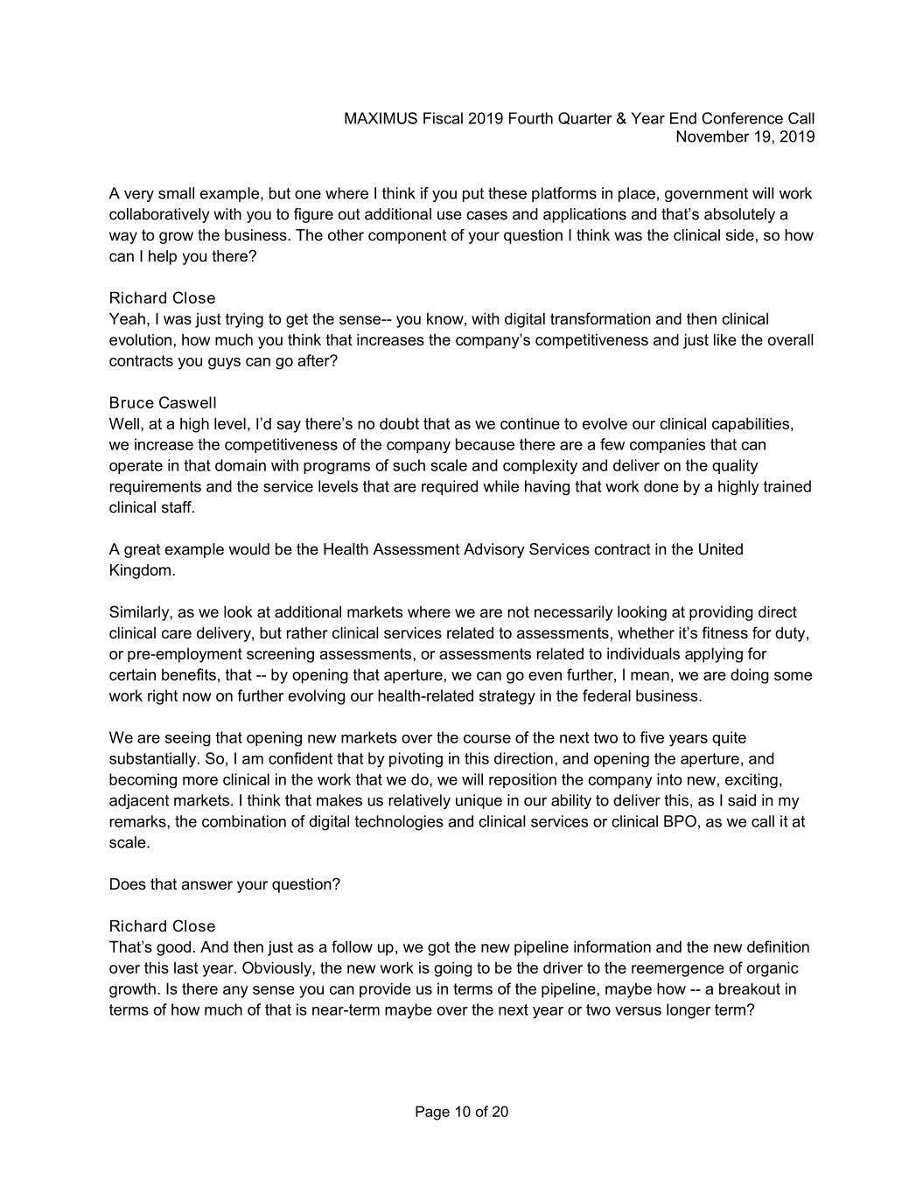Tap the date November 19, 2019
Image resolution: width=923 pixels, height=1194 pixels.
coord(745,136)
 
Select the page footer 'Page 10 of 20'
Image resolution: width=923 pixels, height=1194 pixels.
coord(461,1112)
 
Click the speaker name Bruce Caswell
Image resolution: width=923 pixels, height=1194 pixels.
coord(163,403)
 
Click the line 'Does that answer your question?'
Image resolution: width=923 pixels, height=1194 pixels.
coord(225,884)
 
